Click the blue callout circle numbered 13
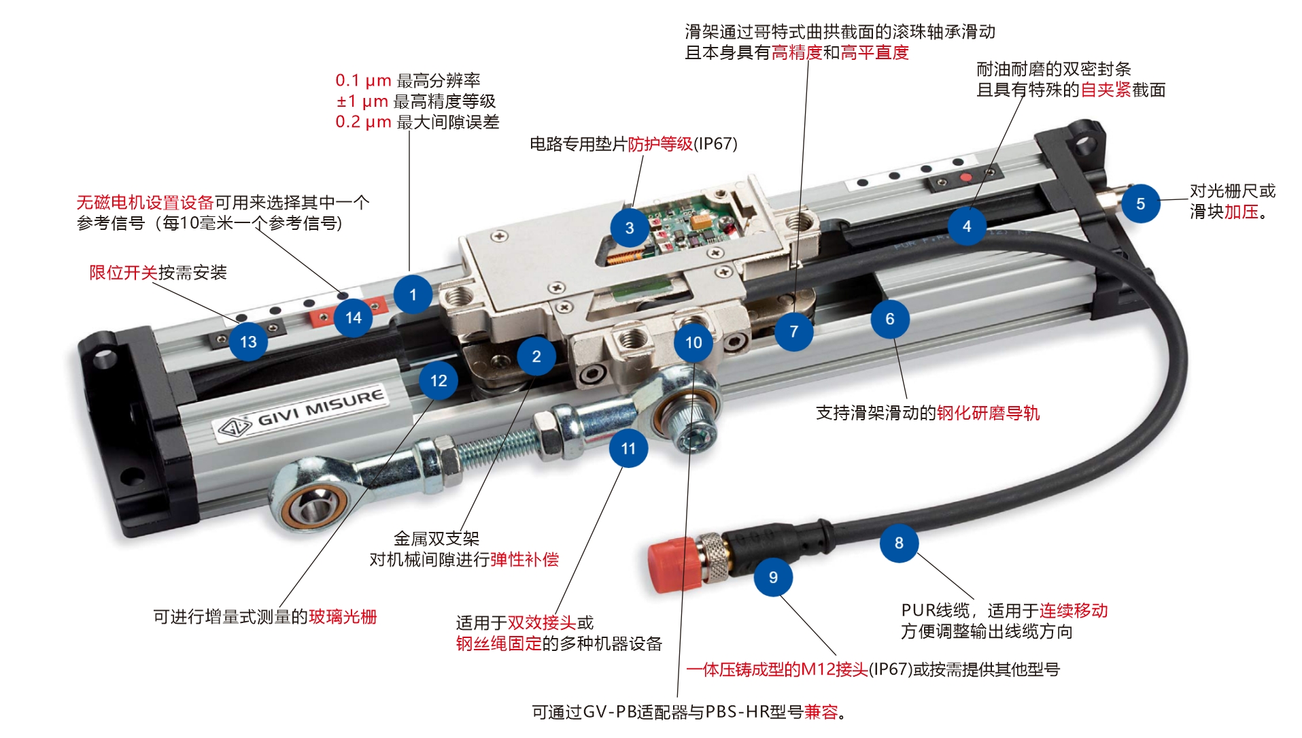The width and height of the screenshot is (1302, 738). [x=248, y=341]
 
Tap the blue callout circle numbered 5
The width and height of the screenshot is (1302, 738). [x=1140, y=203]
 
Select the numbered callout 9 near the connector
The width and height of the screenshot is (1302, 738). [x=773, y=577]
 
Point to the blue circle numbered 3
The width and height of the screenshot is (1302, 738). [x=630, y=228]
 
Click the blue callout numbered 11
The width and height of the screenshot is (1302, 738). [x=628, y=448]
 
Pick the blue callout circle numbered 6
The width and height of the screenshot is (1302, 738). [x=889, y=318]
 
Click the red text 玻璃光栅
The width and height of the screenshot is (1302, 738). [x=343, y=616]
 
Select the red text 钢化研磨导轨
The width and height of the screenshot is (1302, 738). [x=988, y=413]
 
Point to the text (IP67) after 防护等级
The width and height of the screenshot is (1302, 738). [x=715, y=144]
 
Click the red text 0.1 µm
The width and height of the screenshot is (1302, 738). [x=363, y=80]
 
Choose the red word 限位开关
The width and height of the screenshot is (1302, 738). [x=124, y=273]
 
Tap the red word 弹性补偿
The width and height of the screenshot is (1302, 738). [x=524, y=559]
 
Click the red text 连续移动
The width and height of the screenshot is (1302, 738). [x=1074, y=610]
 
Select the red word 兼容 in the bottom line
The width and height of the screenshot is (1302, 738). [x=821, y=711]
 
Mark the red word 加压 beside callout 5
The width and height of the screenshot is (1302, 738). [x=1241, y=212]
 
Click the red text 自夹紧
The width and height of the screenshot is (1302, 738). [x=1106, y=90]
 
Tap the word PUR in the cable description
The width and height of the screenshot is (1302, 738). [x=917, y=610]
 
